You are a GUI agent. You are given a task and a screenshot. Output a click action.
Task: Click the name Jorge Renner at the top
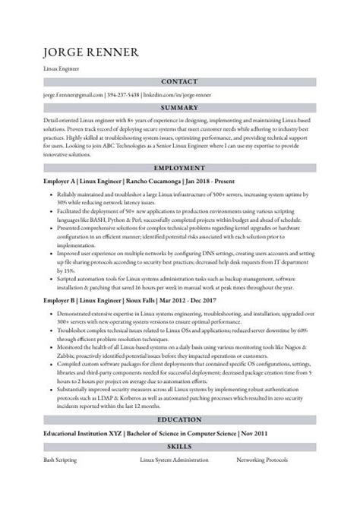click(90, 52)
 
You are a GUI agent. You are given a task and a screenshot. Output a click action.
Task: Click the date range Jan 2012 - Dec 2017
click(165, 300)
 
